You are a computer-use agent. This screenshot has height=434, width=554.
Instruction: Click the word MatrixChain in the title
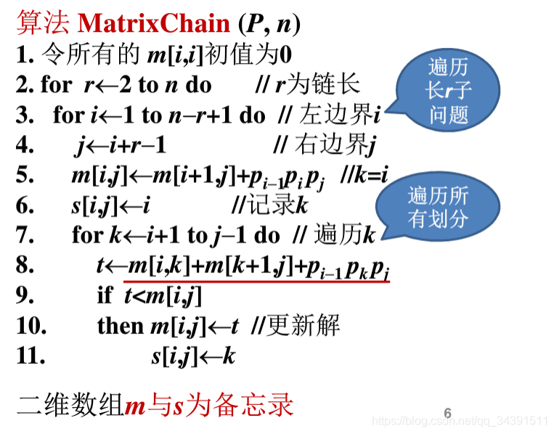coord(153,23)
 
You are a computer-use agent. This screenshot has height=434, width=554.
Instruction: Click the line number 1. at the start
coord(24,55)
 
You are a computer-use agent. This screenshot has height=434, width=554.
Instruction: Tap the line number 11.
coord(30,356)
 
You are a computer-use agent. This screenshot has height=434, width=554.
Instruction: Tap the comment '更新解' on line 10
coord(304,326)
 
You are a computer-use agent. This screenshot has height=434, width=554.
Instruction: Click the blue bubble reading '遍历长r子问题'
coord(448,91)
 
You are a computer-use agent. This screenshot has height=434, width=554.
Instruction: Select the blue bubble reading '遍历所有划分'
coord(438,208)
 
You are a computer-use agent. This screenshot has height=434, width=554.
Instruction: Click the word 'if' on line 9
coord(105,295)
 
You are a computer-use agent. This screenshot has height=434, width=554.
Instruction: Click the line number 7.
coord(24,235)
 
